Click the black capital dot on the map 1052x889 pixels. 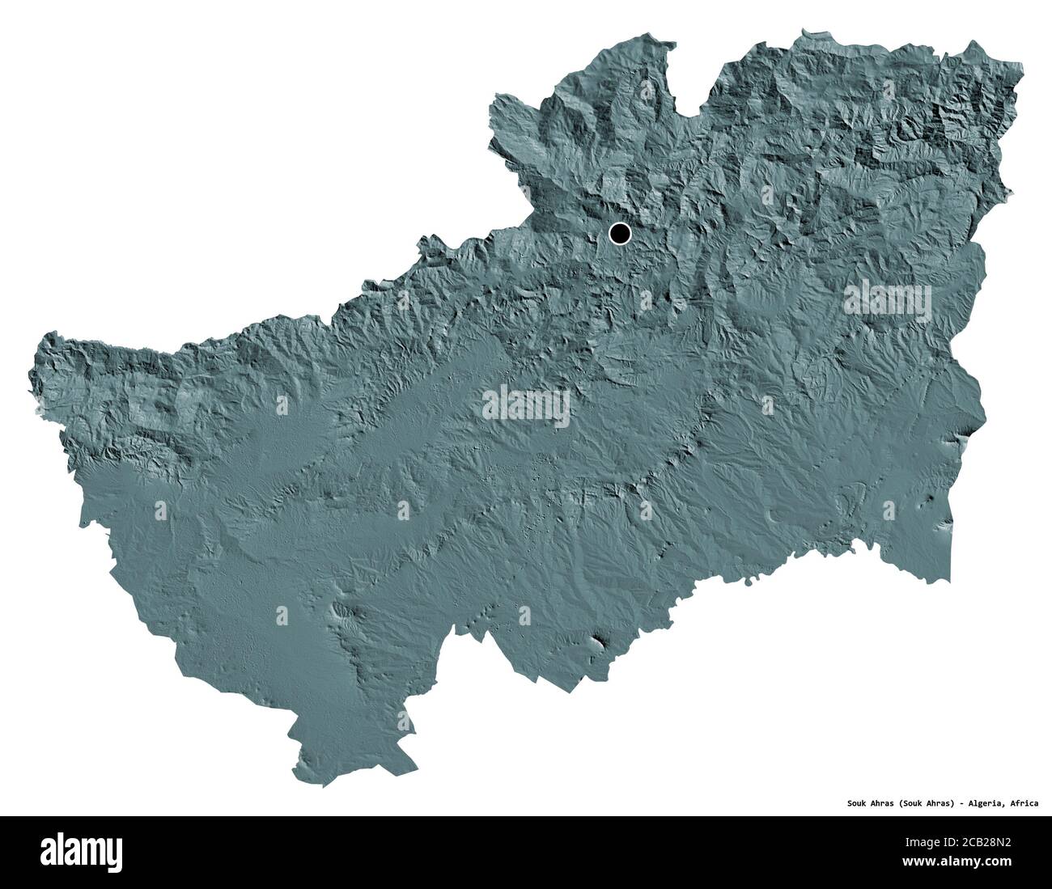click(x=619, y=234)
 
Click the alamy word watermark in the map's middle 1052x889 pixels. click(x=526, y=406)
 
